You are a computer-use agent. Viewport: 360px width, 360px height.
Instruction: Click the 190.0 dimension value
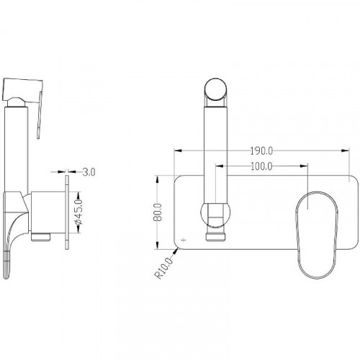(261, 151)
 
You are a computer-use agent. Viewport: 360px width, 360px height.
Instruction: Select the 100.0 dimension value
(261, 166)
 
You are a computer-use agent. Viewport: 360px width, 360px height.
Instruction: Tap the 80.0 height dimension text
(158, 212)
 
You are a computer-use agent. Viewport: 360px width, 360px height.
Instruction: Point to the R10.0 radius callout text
(164, 268)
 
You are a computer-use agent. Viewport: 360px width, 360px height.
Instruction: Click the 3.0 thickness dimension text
(89, 172)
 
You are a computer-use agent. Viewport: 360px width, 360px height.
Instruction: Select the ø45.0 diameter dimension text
(79, 212)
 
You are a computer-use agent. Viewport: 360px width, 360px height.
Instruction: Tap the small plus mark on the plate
(184, 240)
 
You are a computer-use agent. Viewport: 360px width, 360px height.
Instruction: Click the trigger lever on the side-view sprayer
(40, 114)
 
